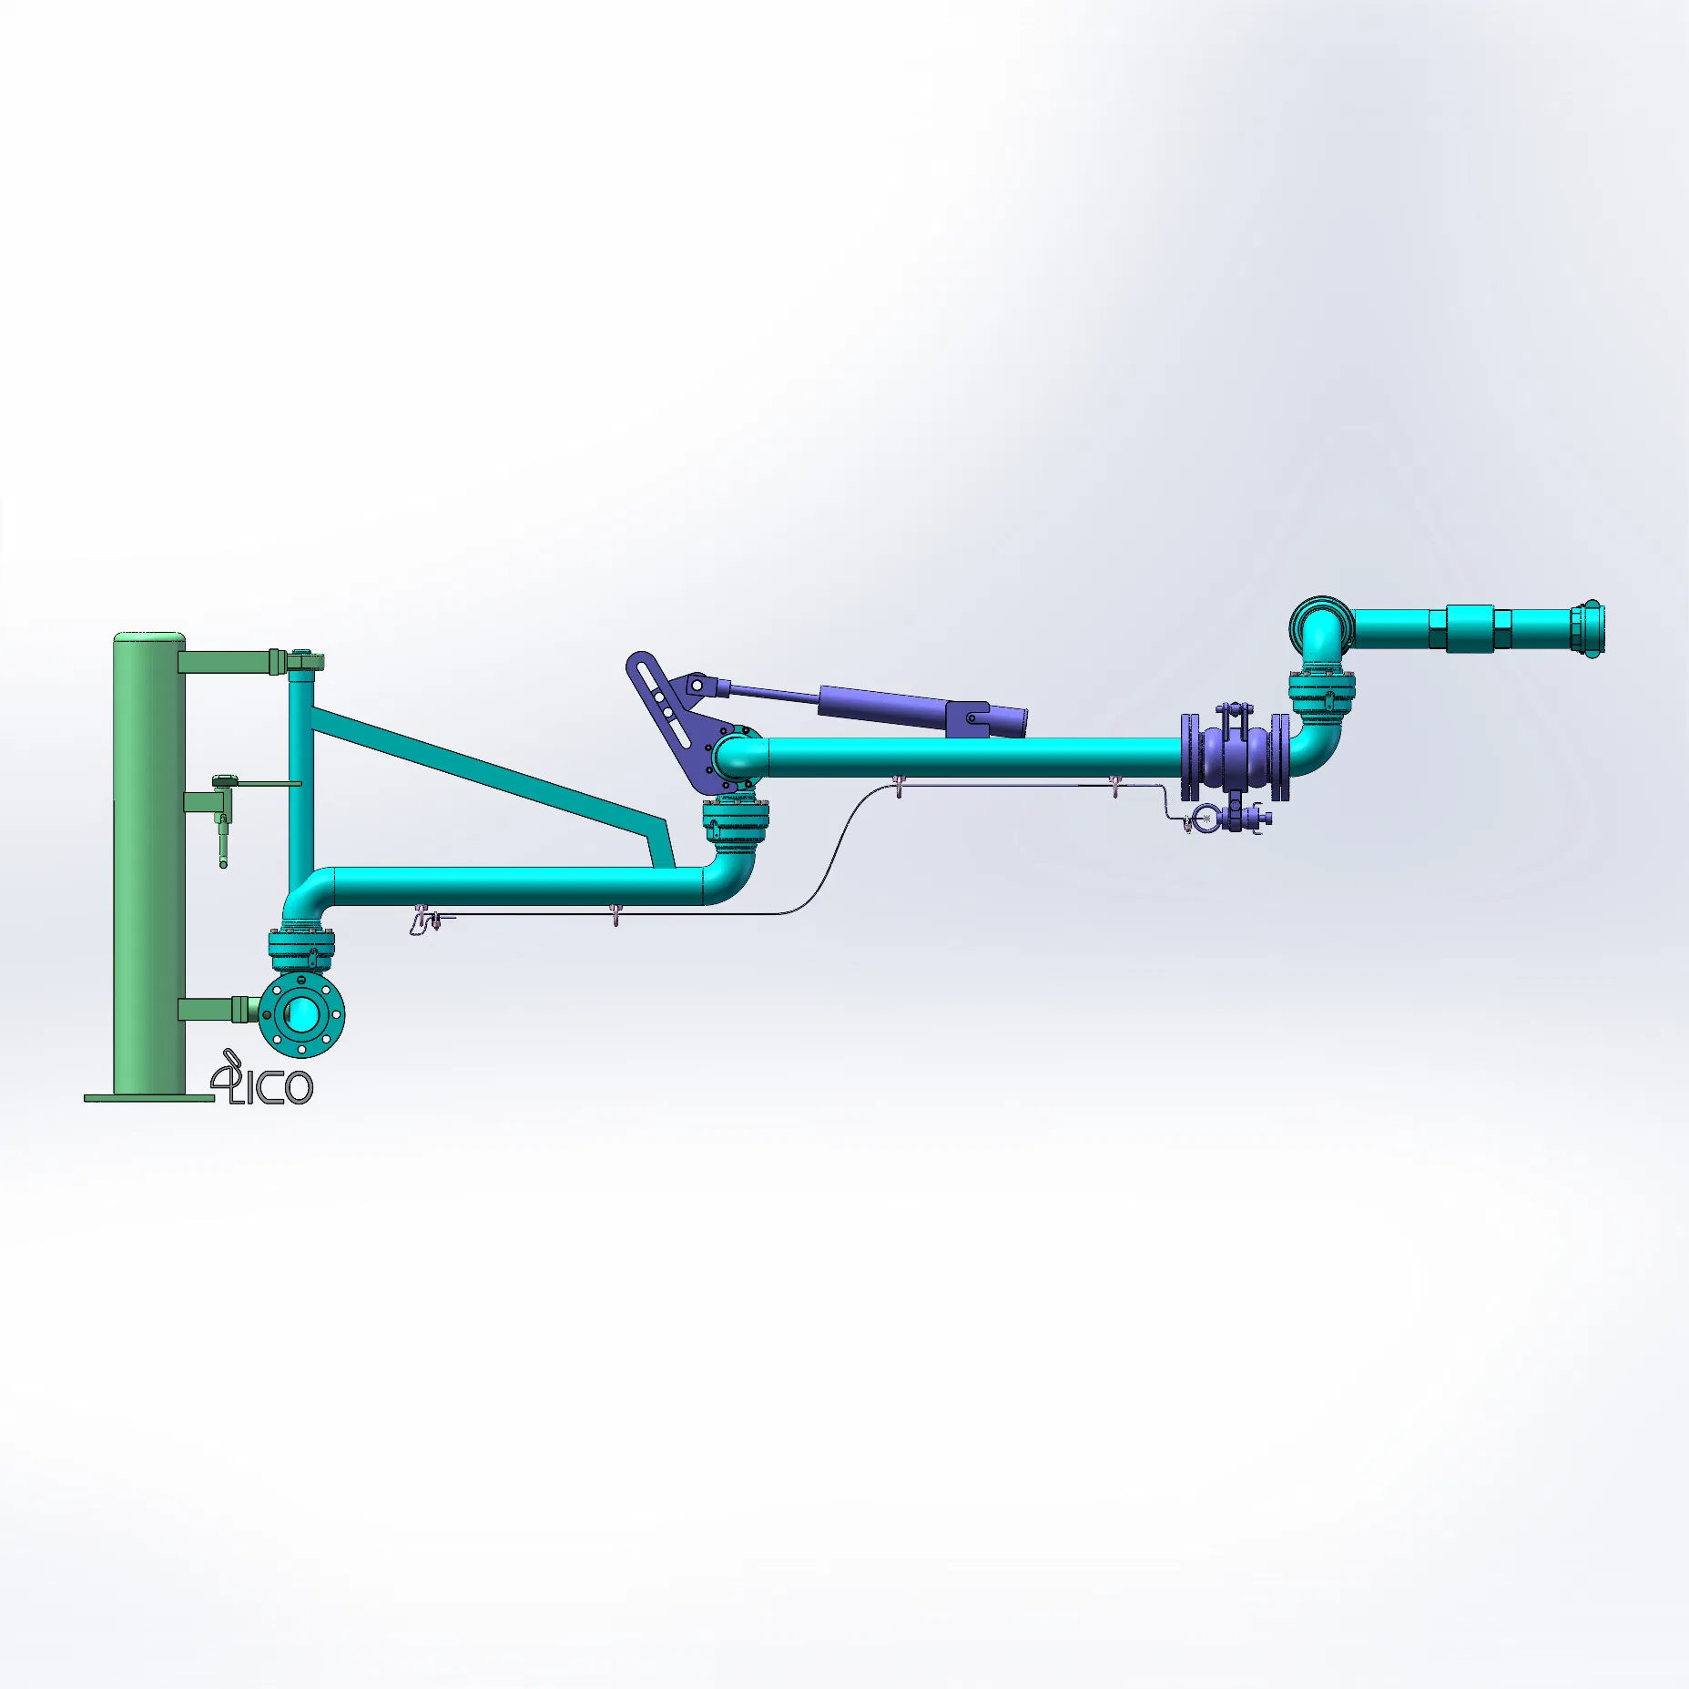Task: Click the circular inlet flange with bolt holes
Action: point(301,1012)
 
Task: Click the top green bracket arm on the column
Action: point(223,662)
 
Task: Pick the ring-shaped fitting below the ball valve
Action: point(1204,818)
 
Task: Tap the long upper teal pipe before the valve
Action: point(974,757)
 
